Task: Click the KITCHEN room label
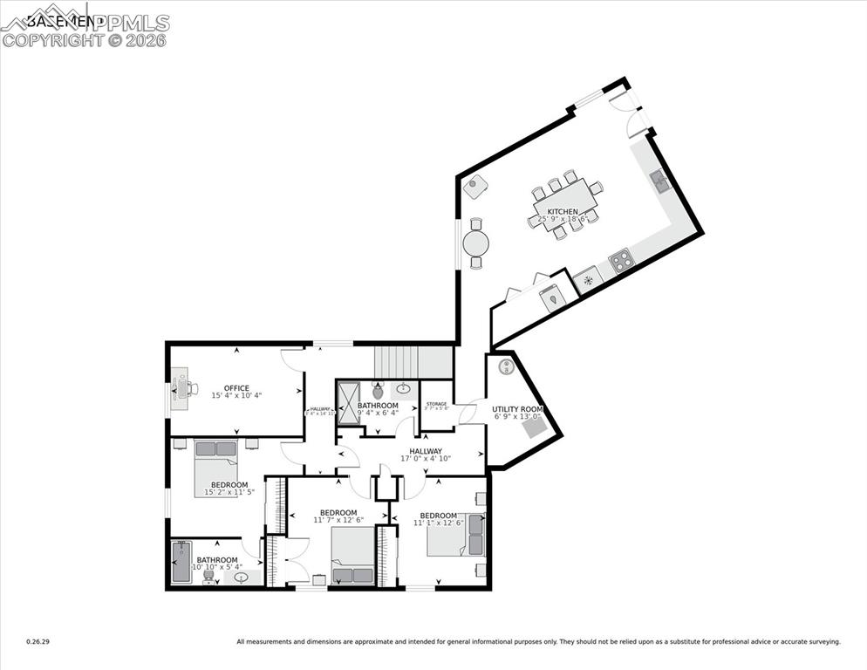562,212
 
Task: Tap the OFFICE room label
236,388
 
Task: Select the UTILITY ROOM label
517,408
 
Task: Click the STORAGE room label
436,404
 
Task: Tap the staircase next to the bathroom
413,361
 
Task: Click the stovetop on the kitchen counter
622,260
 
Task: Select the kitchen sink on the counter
659,181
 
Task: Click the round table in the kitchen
475,243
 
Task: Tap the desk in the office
180,389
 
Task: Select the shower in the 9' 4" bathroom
347,401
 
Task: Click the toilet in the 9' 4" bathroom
378,392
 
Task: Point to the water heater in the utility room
505,367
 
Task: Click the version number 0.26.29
38,642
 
